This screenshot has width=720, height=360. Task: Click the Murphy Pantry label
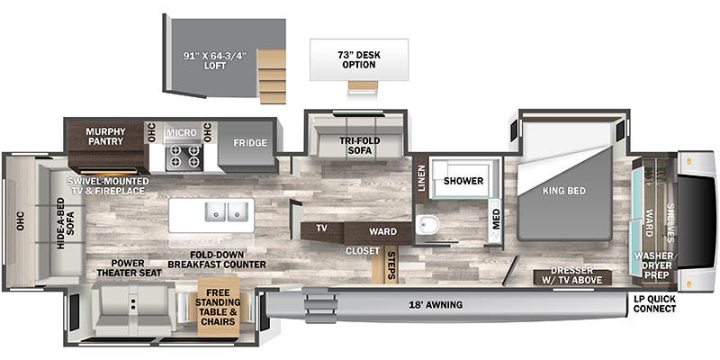click(104, 137)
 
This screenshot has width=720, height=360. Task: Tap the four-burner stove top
click(184, 157)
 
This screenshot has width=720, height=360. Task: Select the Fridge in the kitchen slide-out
click(247, 143)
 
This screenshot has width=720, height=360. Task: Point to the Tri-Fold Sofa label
click(355, 146)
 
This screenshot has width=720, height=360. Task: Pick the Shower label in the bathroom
click(463, 181)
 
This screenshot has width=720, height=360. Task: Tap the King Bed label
click(564, 191)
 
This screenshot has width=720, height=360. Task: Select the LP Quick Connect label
click(654, 304)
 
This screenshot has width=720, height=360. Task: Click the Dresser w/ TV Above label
click(571, 275)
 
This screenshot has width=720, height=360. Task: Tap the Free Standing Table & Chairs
click(218, 307)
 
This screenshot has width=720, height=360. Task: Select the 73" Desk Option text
click(359, 60)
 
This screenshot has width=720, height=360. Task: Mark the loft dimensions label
click(213, 60)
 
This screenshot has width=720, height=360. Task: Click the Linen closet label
click(421, 177)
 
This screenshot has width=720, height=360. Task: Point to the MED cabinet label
click(497, 219)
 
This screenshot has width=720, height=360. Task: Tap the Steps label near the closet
click(391, 265)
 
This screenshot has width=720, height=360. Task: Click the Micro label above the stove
click(182, 132)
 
